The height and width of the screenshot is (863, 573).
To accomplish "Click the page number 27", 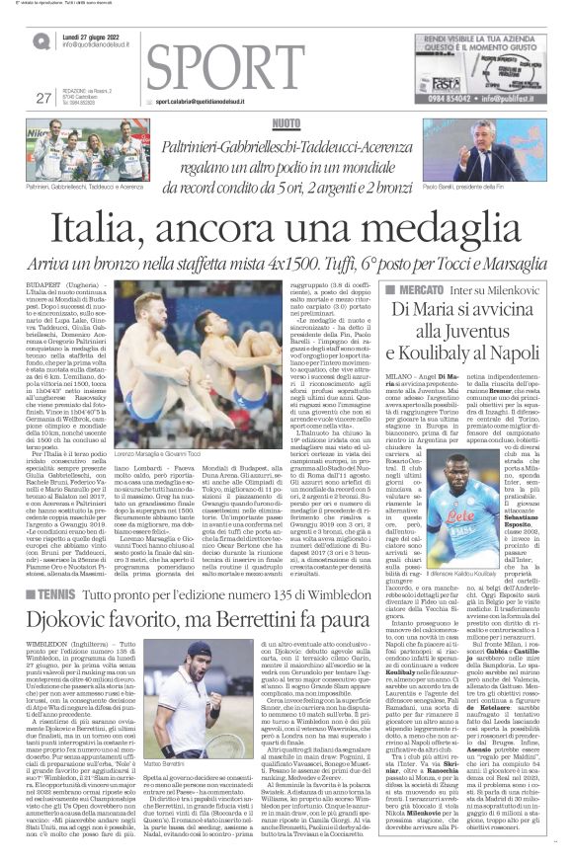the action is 42,97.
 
